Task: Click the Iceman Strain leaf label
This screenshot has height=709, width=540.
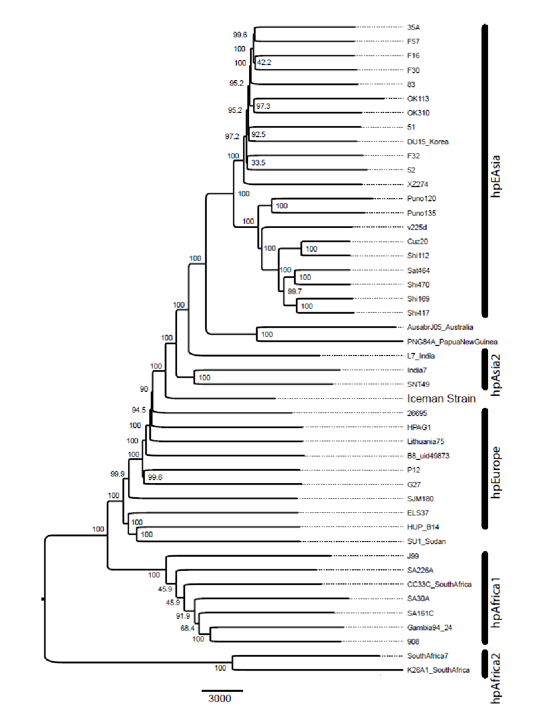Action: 441,399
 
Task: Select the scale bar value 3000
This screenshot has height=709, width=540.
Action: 220,698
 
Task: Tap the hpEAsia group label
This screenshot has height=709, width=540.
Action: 496,176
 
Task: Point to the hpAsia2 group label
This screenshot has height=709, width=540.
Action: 496,375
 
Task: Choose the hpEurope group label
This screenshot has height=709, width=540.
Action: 496,472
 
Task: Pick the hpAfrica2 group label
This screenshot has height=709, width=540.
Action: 496,678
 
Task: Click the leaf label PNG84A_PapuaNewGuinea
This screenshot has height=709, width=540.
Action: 452,342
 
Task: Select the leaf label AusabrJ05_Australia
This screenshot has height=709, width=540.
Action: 440,327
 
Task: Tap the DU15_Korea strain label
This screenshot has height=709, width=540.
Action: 428,142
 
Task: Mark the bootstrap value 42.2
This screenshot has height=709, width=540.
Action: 264,63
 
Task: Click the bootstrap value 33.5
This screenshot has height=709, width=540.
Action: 258,163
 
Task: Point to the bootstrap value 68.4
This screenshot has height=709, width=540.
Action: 188,628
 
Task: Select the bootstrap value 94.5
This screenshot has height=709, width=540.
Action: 139,410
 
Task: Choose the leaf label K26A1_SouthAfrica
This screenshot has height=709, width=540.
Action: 438,670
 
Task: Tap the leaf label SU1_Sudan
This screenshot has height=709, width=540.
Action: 426,542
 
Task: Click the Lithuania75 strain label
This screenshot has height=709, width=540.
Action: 426,442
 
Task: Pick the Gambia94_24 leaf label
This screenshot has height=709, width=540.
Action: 429,628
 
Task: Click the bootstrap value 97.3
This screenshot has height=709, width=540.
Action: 263,106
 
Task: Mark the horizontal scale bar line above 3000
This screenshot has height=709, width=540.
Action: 222,690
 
